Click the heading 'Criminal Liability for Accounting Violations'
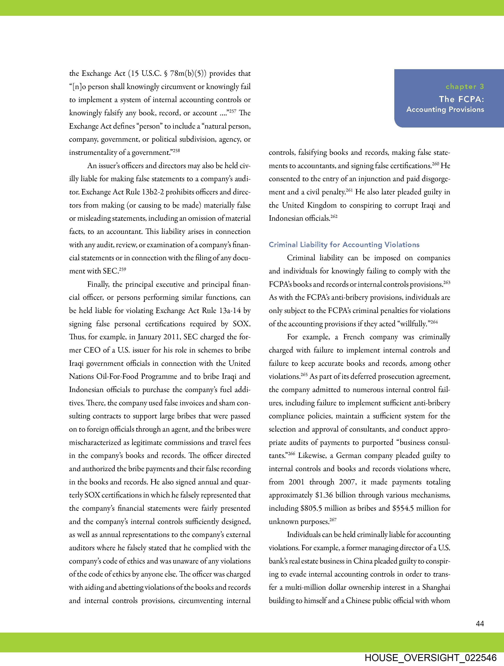[x=344, y=245]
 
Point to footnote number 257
[x=232, y=111]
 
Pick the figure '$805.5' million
[x=311, y=508]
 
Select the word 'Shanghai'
[x=436, y=587]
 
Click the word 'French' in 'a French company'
[x=353, y=337]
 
